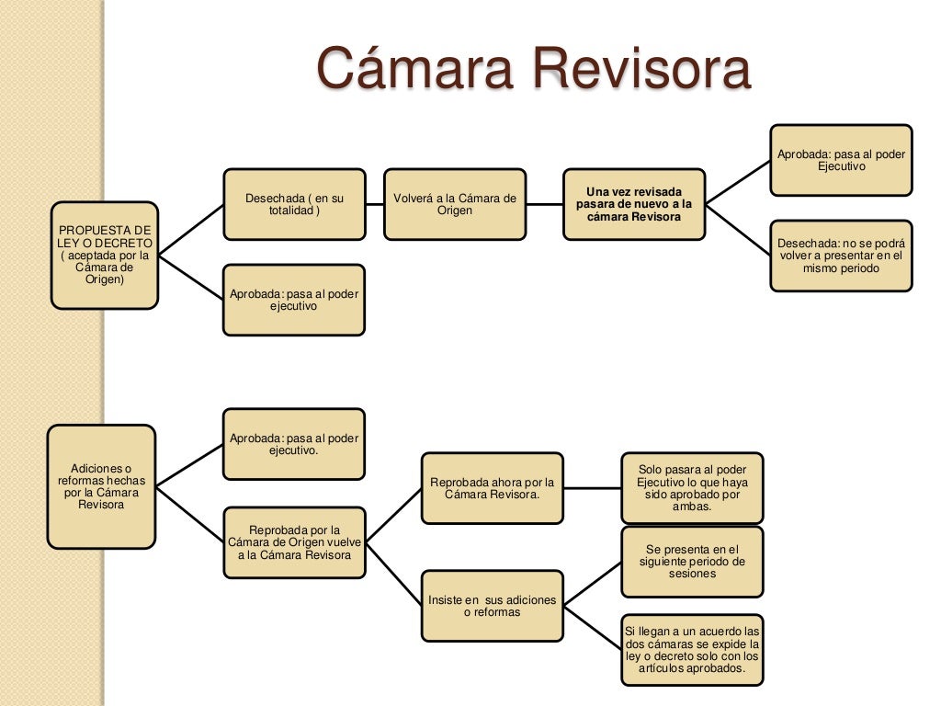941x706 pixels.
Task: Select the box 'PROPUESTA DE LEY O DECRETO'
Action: point(104,255)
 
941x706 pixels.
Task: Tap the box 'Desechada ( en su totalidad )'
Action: point(294,204)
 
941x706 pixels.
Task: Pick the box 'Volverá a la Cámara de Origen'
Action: point(455,204)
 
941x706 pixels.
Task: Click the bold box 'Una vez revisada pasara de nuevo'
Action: point(634,204)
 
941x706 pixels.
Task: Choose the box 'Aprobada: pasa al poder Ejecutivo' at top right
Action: point(841,160)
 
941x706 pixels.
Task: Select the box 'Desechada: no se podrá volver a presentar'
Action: point(841,256)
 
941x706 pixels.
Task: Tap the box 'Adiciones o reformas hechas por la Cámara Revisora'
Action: point(101,485)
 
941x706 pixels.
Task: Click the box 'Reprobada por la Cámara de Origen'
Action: point(294,542)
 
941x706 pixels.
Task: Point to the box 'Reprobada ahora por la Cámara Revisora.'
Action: point(492,488)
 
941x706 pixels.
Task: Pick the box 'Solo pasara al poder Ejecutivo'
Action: point(692,487)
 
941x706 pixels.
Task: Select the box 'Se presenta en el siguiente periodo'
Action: point(692,561)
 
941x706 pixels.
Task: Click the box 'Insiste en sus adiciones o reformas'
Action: point(492,606)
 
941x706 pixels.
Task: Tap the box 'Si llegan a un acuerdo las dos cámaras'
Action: point(692,649)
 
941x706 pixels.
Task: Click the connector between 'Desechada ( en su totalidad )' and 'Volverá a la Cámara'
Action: point(374,204)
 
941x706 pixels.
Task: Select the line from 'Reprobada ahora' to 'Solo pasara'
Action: point(592,488)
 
